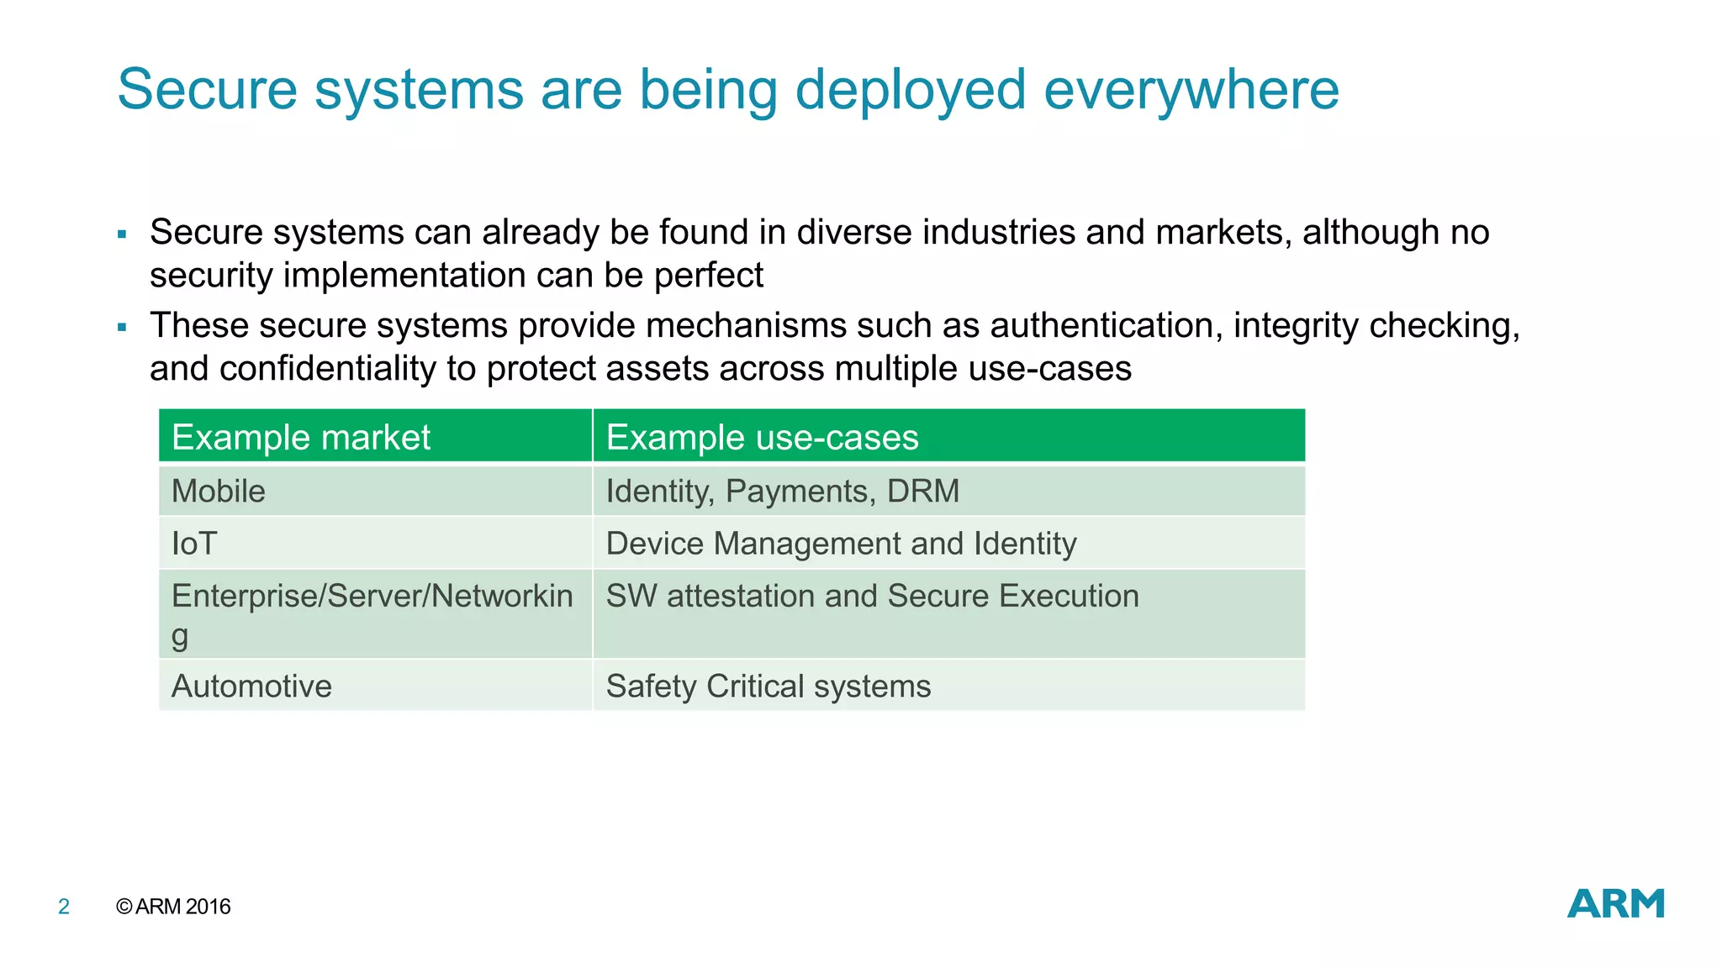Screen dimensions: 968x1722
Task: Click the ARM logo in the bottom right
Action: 1615,903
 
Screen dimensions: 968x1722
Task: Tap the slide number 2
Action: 64,907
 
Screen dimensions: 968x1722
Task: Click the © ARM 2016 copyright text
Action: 173,907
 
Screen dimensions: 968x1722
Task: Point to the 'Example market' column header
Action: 300,438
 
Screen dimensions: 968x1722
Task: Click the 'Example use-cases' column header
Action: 762,438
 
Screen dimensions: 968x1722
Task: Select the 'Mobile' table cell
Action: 219,492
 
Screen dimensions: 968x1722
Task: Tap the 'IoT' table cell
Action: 194,544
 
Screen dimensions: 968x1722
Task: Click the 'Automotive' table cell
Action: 251,687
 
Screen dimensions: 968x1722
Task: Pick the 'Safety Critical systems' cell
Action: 768,687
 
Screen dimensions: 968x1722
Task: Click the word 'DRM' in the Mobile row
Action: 922,492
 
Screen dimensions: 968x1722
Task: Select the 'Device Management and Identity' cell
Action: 841,544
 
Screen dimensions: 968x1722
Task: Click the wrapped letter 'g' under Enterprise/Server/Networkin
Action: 180,637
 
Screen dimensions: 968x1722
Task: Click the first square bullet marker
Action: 122,234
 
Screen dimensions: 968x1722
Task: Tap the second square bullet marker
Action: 122,328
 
